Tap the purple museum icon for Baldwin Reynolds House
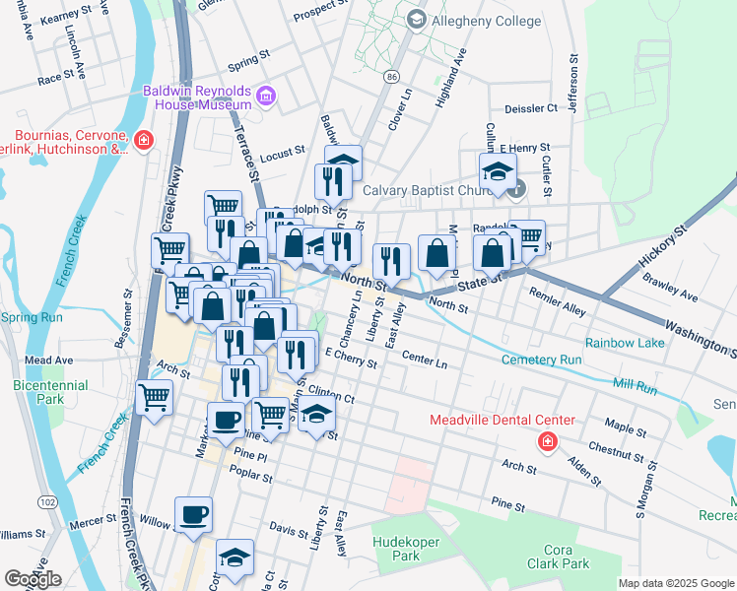pos(265,97)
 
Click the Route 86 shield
pos(393,75)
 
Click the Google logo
pos(33,578)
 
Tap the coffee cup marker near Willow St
pos(193,515)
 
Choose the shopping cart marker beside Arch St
pos(155,398)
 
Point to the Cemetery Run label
pos(541,360)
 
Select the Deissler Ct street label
pos(531,108)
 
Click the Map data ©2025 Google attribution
pos(676,583)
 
